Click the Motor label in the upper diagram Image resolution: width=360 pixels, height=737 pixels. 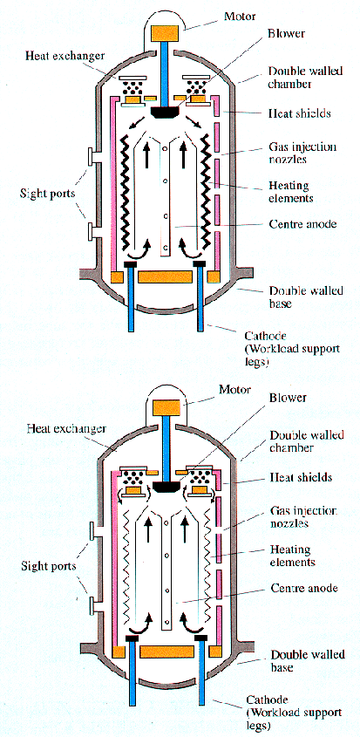240,17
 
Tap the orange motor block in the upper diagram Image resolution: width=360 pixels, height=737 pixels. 165,32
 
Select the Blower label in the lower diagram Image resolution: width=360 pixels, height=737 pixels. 288,398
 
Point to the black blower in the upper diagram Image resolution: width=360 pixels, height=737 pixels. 165,112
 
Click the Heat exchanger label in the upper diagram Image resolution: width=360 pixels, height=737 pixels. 65,56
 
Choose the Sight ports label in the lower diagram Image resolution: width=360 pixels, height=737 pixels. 49,565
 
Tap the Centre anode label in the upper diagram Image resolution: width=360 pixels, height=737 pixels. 303,224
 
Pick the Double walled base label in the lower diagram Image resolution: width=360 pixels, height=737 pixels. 308,660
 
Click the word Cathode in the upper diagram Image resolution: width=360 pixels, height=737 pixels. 263,336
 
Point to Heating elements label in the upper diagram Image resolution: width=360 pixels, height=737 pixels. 291,192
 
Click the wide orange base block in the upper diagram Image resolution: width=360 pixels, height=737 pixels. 165,276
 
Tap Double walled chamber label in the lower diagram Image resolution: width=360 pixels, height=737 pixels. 307,440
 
